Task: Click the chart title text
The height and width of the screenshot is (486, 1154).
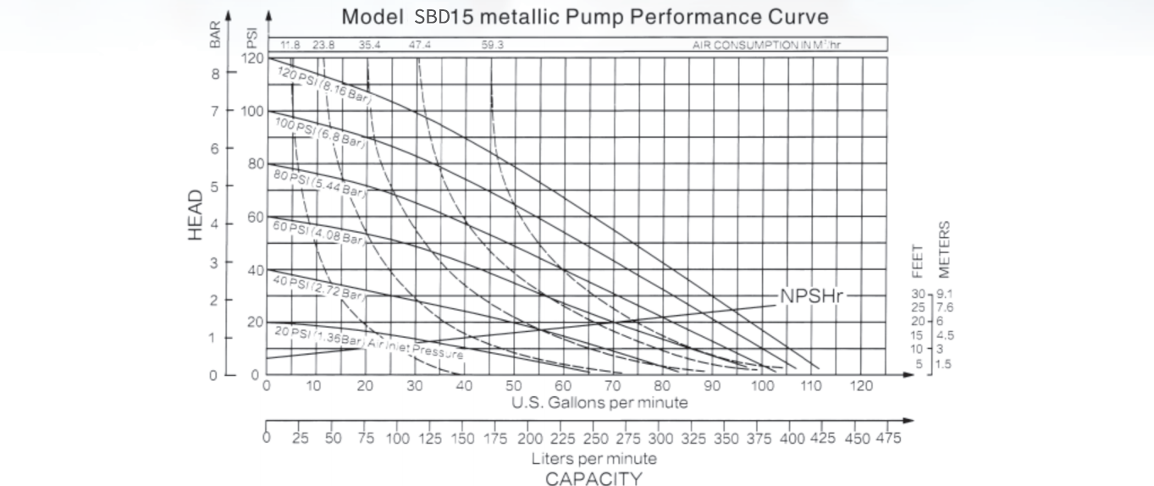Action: coord(584,17)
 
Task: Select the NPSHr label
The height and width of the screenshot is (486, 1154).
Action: coord(811,296)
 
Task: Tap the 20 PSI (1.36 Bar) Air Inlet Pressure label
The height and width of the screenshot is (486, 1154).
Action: coord(367,341)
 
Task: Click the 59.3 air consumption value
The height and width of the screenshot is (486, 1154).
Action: coord(492,45)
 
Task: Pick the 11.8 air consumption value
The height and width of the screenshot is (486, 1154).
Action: coord(290,45)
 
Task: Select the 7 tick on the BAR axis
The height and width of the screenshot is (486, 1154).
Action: coord(215,111)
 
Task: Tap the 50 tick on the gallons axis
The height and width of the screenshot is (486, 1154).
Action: coord(514,386)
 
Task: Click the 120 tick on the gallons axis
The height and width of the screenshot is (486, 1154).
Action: coord(861,386)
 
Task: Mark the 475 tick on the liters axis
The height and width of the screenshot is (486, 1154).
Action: coord(888,439)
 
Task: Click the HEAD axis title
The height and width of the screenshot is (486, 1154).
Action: coord(196,214)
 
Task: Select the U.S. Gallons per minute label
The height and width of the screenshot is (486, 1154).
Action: coord(599,403)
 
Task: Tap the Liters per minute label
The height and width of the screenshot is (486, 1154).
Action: coord(594,459)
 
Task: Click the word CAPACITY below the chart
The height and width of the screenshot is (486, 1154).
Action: coord(593,478)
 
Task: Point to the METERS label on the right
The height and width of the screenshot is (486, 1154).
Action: coord(944,249)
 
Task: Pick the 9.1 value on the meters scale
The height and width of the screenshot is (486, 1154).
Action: coord(946,294)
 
